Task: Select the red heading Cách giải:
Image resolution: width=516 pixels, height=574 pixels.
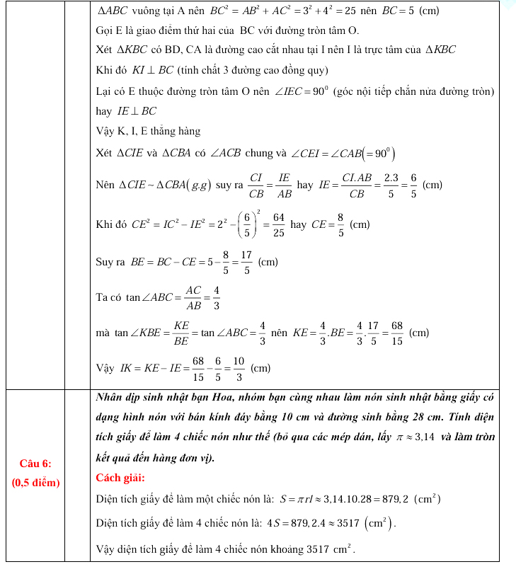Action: [120, 478]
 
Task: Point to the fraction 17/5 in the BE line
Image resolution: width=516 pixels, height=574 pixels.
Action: [246, 262]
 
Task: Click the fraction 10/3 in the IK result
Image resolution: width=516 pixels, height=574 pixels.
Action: [238, 368]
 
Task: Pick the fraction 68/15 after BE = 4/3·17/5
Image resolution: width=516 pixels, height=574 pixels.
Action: [396, 332]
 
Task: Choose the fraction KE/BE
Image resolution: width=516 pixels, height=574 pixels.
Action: [180, 332]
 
